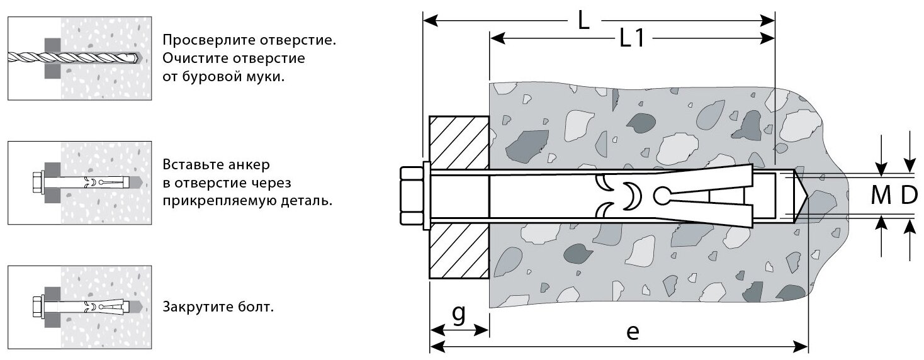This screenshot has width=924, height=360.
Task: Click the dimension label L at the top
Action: [x=583, y=21]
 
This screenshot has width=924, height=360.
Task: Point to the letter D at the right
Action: [x=908, y=196]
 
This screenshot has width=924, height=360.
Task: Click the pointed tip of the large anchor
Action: [x=801, y=196]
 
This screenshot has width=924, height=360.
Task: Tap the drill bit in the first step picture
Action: [x=76, y=58]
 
